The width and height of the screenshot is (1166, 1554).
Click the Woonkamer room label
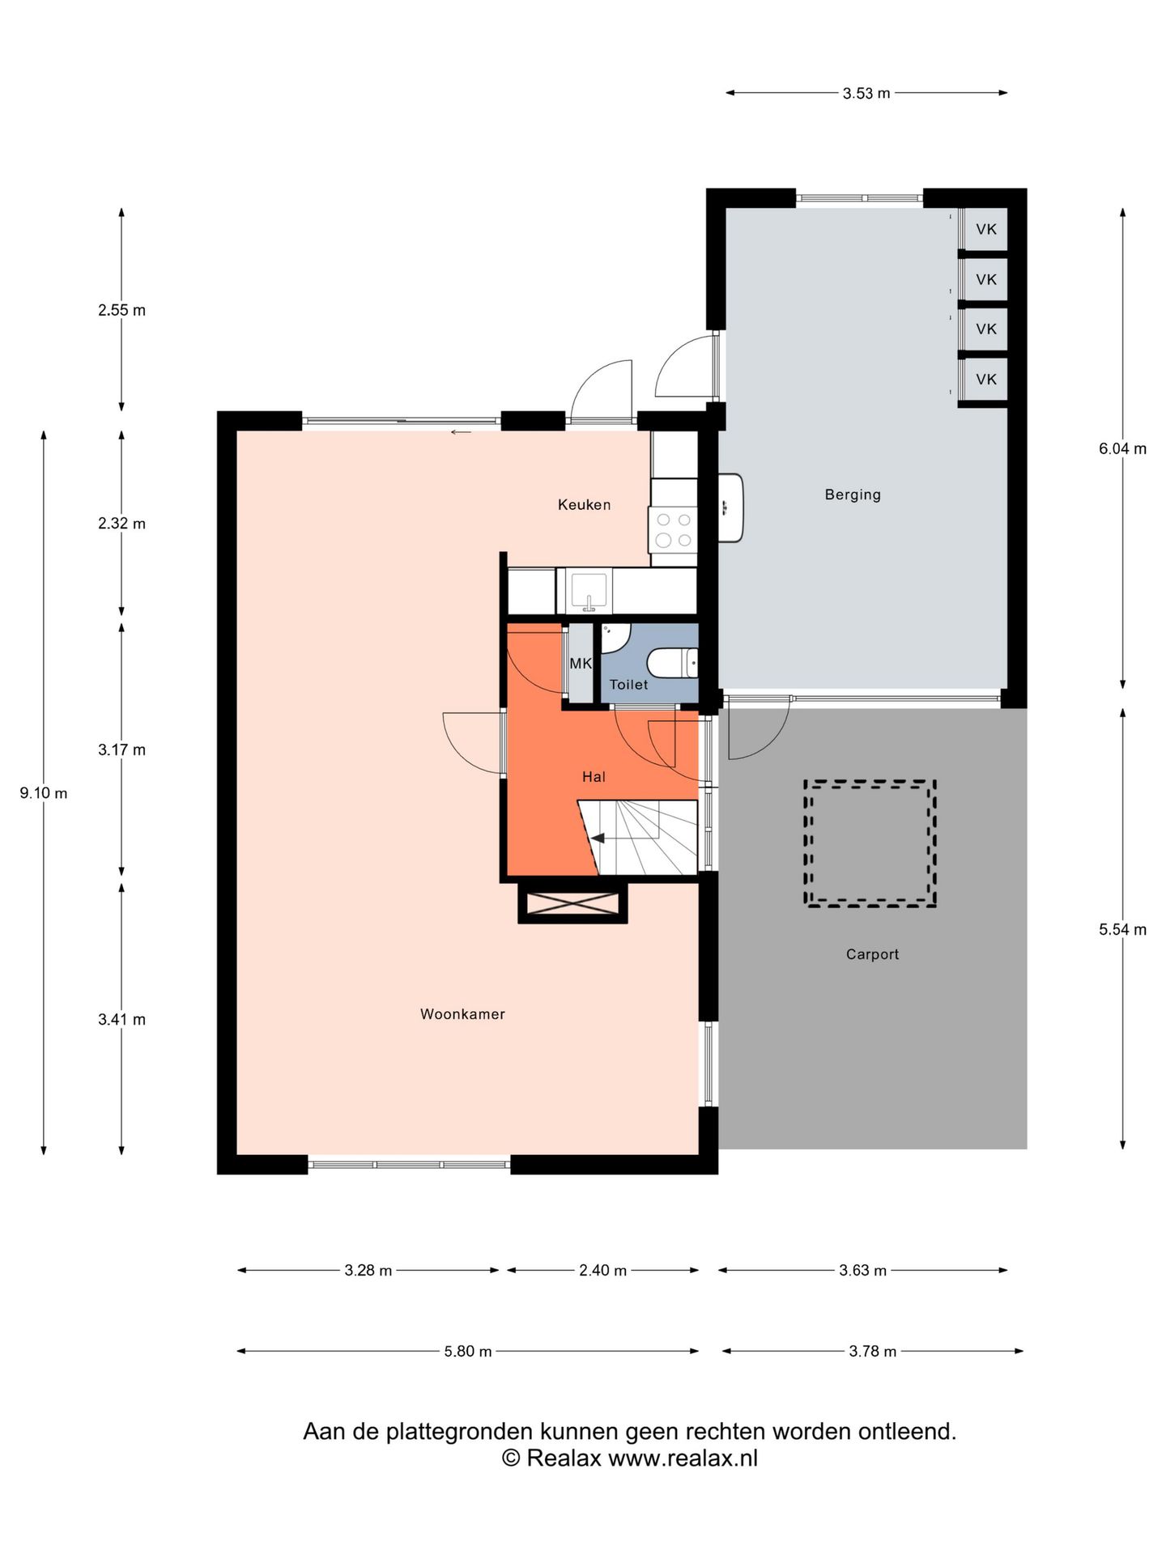462,1014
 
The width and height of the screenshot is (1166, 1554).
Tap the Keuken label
584,505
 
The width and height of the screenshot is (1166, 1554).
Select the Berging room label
853,495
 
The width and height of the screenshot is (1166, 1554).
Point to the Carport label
872,954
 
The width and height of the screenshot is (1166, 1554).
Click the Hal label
594,777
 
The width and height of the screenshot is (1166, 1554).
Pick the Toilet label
628,685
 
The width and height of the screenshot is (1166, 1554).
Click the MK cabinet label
581,664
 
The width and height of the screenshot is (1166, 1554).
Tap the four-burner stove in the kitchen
673,529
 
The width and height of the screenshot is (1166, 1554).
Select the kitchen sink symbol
589,592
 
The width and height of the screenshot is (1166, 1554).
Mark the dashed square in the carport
870,843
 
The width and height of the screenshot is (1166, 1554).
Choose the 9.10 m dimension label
44,793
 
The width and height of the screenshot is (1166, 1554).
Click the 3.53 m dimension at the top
866,93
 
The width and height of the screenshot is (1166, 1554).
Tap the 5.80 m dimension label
468,1352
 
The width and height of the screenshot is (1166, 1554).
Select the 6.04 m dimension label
1122,448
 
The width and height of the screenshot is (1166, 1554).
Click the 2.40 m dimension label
602,1271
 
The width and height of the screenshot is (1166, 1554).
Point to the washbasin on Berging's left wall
730,507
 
